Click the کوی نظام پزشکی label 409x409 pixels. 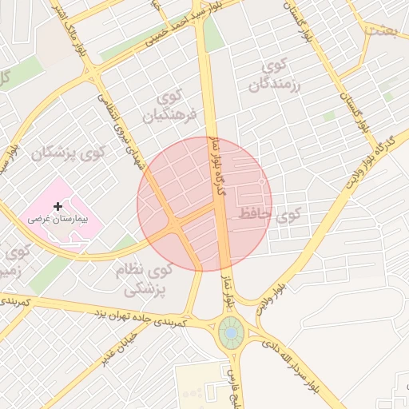pyautogui.click(x=144, y=279)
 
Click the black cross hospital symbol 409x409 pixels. pyautogui.click(x=58, y=206)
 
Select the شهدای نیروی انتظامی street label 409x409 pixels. pyautogui.click(x=121, y=128)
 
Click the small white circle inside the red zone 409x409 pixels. pyautogui.click(x=261, y=183)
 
